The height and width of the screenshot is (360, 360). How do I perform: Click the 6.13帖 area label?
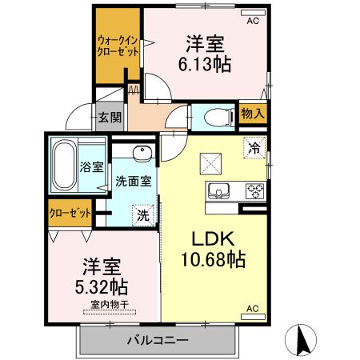(x=206, y=66)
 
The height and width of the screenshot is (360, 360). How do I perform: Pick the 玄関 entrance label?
(x=110, y=118)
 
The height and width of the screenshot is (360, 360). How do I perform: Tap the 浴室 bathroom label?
(x=91, y=167)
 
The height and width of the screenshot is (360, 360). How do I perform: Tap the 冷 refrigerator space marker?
(x=254, y=148)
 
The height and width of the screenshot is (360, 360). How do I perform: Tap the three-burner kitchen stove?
(x=255, y=191)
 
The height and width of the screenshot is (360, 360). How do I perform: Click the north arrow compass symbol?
(x=304, y=339)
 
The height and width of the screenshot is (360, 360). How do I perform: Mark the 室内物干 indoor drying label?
(x=105, y=304)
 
